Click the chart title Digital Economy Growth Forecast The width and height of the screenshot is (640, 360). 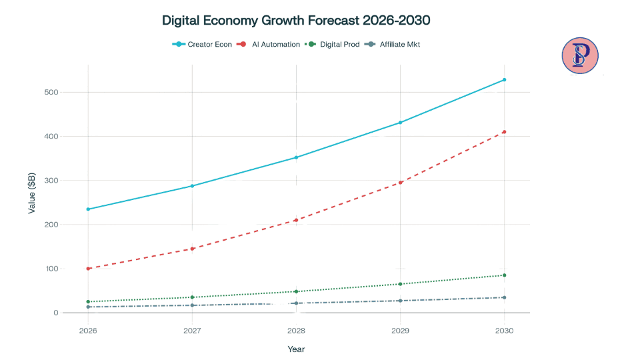coord(296,21)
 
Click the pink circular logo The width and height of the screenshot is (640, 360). coord(580,55)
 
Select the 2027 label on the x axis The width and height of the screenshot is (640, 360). coord(192,330)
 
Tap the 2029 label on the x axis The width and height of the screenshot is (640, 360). coord(400,330)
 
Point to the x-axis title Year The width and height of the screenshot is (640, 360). coord(296,349)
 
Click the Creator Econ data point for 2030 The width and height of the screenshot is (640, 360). coord(504,80)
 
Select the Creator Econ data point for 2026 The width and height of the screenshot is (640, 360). coord(88,209)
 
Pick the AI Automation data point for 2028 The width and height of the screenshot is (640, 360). coord(296,220)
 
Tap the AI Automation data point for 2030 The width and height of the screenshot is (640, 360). coord(504,132)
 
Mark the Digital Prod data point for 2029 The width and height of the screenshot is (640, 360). coord(400,284)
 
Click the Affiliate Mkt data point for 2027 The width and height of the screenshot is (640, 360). coord(192,305)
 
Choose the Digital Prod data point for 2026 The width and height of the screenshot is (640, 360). coord(88,302)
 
